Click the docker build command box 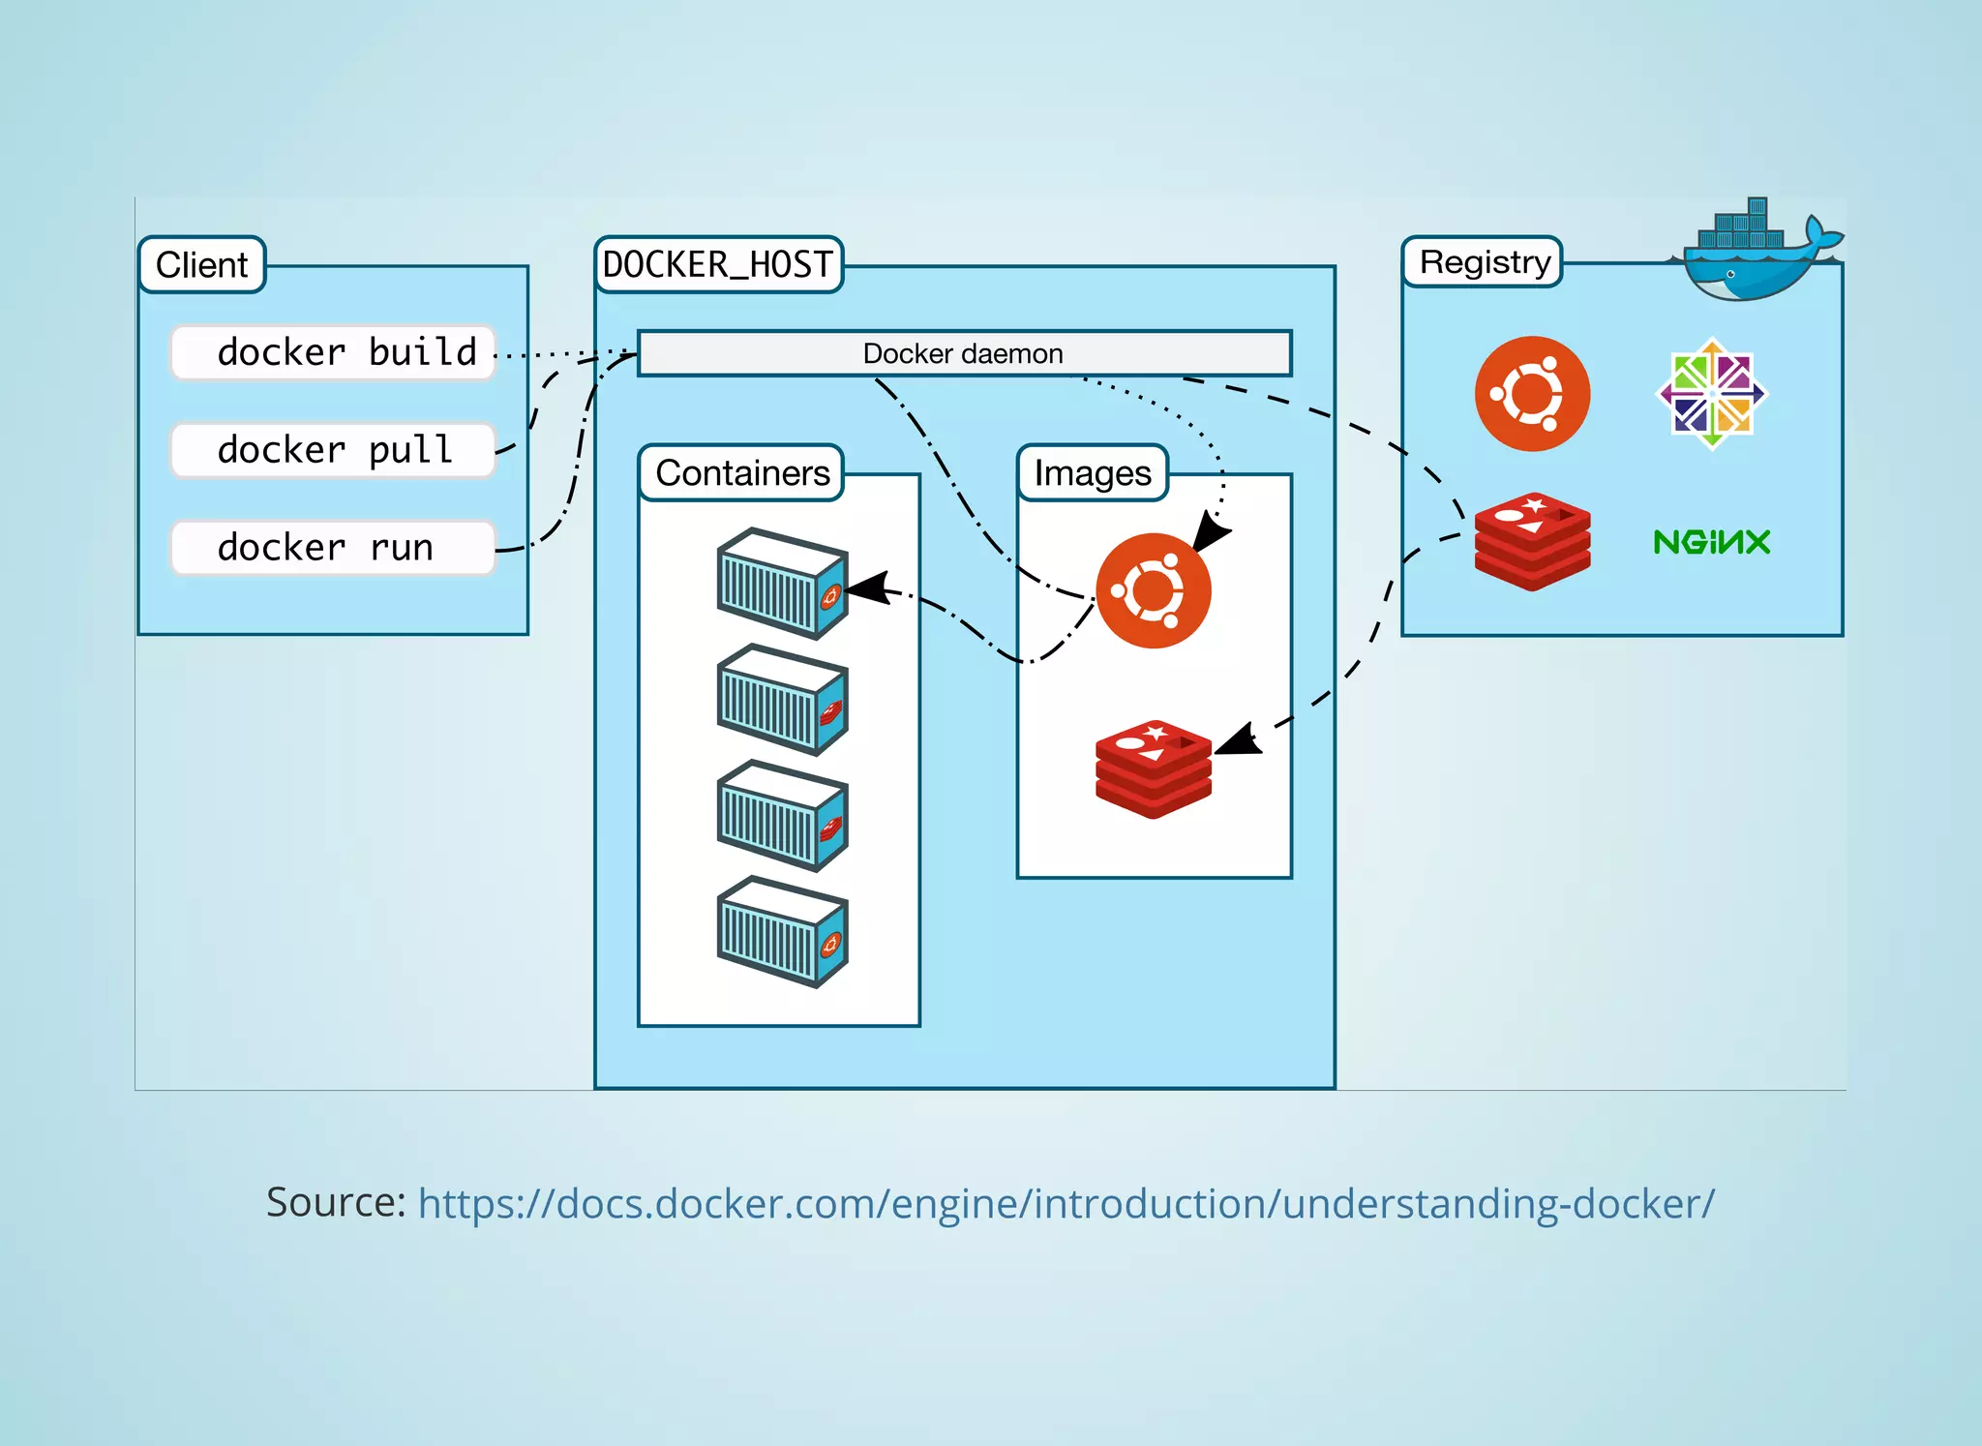pos(333,352)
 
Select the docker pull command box pos(333,450)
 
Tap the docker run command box pos(333,548)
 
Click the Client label pos(201,264)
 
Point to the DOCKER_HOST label pos(718,264)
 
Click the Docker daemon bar pos(964,353)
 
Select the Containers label pos(742,473)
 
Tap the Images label pos(1093,473)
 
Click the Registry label pos(1485,262)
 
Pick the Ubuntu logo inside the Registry pos(1532,394)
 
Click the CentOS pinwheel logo pos(1712,393)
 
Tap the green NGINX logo pos(1712,542)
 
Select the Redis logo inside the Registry pos(1532,542)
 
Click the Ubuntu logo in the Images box pos(1153,590)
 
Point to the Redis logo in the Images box pos(1153,769)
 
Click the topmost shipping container pos(782,584)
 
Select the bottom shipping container pos(782,932)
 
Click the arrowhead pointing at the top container pos(867,588)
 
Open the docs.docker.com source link pos(1066,1204)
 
